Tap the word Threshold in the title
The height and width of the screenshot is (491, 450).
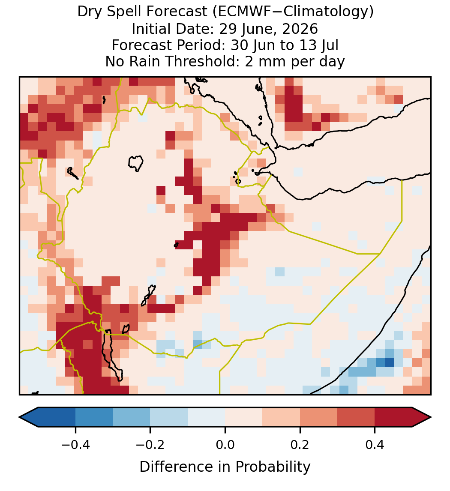(x=202, y=61)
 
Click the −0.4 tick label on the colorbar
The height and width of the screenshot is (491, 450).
(x=75, y=445)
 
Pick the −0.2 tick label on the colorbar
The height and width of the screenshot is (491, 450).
(x=150, y=445)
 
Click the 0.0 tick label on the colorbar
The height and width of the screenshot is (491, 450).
(x=225, y=445)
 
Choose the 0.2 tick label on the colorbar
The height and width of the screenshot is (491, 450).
(x=300, y=445)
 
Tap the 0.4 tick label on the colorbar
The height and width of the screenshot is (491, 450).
(x=375, y=445)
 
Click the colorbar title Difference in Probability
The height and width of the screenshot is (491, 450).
(x=225, y=467)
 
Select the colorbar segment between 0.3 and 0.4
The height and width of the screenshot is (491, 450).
(x=356, y=417)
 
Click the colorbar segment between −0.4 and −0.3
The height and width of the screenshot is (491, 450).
(x=94, y=417)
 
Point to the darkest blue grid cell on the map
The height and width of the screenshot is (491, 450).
(x=389, y=363)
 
